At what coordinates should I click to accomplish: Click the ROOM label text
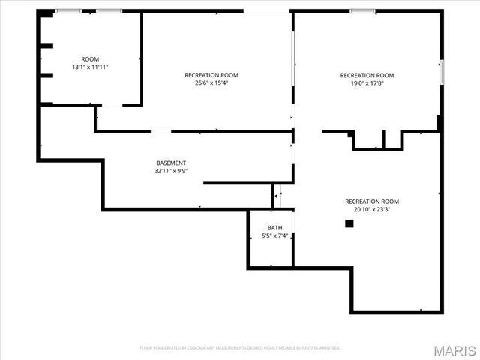pos(90,58)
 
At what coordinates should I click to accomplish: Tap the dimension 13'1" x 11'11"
pos(90,67)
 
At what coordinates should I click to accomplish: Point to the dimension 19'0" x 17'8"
pos(367,82)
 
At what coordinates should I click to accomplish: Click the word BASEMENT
pos(171,163)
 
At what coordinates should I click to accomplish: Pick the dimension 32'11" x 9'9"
pos(171,171)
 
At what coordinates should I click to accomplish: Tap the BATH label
pos(275,227)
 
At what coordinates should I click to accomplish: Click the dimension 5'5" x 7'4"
pos(275,235)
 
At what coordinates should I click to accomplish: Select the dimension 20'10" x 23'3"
pos(372,209)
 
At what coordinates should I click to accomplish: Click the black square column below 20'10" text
pos(349,223)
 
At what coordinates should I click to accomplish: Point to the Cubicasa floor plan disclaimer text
pos(240,348)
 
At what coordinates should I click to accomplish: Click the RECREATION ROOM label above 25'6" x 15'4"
pos(211,74)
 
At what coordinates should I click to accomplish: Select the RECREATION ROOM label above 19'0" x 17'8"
pos(367,74)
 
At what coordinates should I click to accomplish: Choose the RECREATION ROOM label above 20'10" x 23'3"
pos(372,201)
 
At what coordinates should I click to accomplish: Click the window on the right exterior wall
pos(442,71)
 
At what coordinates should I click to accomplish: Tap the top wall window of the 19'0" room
pos(363,11)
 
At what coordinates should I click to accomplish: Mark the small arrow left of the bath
pos(275,196)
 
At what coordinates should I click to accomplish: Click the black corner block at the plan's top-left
pos(46,13)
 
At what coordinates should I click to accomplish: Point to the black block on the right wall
pos(439,122)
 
